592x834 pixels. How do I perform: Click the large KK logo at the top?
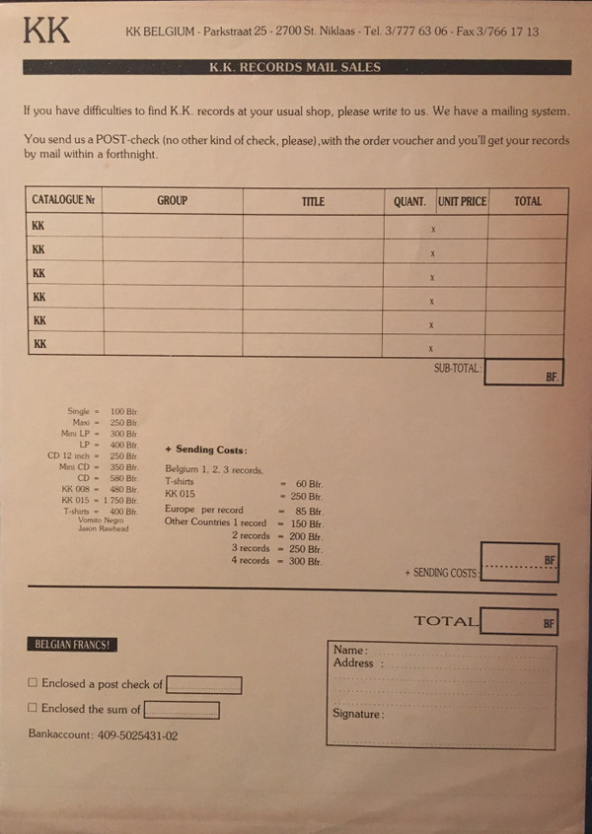coord(46,30)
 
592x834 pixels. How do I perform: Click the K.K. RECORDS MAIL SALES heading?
coord(295,68)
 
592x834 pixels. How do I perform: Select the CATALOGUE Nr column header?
coord(63,200)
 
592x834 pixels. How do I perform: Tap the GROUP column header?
coord(172,200)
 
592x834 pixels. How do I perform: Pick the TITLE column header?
coord(313,201)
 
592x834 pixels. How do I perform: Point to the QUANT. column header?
coord(409,201)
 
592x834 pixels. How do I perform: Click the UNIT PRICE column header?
coord(462,201)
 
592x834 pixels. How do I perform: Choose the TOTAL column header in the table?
coord(528,201)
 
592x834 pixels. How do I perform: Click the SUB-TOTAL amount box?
coord(524,372)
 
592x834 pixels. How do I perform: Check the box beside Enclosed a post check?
coord(33,682)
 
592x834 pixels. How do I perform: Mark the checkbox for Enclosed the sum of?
coord(33,707)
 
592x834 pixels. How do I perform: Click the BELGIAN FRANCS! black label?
coord(72,645)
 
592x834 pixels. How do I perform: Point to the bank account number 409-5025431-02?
coord(137,734)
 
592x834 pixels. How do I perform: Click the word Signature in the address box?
coord(356,713)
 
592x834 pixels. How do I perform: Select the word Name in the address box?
coord(349,651)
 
